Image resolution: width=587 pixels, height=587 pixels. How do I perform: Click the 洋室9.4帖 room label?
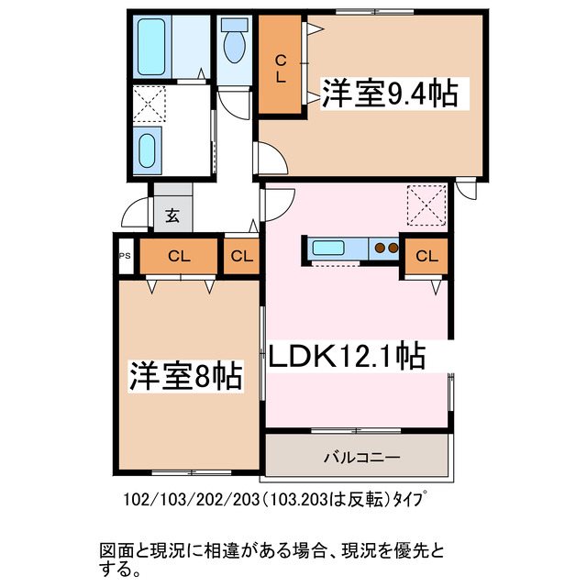[x=388, y=94]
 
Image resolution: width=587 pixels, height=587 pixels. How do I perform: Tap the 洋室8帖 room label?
[x=185, y=375]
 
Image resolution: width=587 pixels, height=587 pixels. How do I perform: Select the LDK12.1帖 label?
[x=347, y=355]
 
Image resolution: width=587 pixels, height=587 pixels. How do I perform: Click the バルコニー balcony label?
[x=357, y=456]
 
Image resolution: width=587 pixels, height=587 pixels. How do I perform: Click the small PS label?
[x=125, y=257]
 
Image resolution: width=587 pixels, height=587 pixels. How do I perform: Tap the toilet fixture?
[x=234, y=41]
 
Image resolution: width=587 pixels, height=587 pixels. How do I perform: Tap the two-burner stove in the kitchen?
[x=384, y=247]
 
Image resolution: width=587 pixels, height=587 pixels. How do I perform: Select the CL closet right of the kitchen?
[x=426, y=257]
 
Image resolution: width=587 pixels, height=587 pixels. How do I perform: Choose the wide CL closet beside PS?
[x=180, y=257]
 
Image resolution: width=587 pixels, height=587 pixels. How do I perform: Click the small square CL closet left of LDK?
[x=241, y=257]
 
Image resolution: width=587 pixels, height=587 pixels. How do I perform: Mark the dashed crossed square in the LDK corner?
[x=426, y=204]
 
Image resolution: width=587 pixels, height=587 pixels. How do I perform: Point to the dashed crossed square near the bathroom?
[x=149, y=104]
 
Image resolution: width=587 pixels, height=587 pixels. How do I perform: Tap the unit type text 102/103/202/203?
[x=275, y=502]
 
